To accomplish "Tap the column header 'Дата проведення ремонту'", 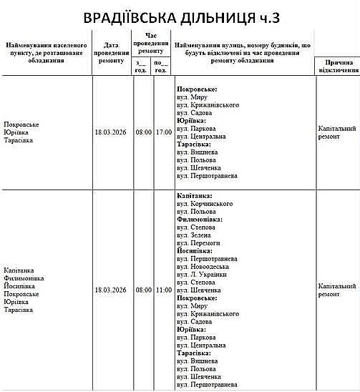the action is point(111,52).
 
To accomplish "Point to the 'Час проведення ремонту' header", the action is point(150,43).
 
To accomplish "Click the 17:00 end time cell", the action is point(163,132).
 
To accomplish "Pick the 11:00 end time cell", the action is point(163,290).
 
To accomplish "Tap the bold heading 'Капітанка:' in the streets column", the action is point(193,195).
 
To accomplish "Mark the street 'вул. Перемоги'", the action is point(201,243).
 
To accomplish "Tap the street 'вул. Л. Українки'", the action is point(205,275).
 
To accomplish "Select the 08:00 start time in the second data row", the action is point(143,290).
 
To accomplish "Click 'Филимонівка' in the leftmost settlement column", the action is point(24,278).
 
